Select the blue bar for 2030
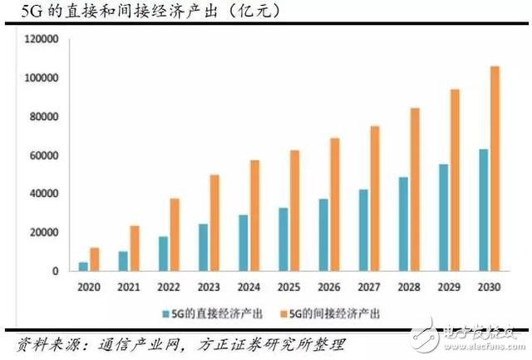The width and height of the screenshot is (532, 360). click(484, 210)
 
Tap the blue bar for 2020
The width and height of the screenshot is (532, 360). click(83, 267)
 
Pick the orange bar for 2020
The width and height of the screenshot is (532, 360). click(95, 259)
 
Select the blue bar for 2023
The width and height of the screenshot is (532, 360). click(204, 248)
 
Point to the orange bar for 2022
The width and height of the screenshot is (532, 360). click(175, 234)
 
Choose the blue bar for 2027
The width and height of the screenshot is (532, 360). click(363, 230)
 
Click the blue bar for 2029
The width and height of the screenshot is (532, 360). click(444, 218)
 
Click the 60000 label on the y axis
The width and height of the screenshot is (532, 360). click(43, 155)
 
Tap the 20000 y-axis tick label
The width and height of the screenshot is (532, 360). click(43, 233)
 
